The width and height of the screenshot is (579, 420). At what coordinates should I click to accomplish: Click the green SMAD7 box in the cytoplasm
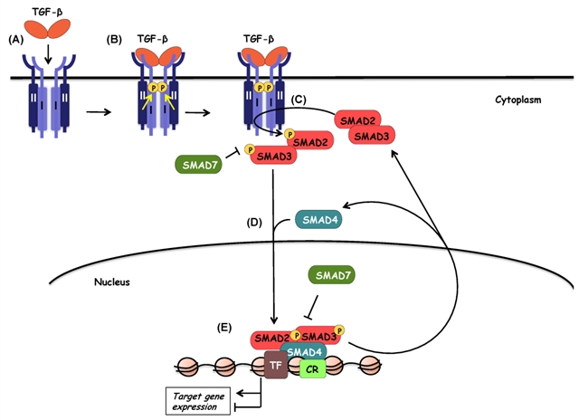pyautogui.click(x=199, y=165)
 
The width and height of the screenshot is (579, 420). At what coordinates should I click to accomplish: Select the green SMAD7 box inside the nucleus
pyautogui.click(x=332, y=275)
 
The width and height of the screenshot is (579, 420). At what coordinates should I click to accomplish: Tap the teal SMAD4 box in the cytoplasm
pyautogui.click(x=318, y=220)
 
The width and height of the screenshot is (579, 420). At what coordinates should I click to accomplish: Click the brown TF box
pyautogui.click(x=276, y=365)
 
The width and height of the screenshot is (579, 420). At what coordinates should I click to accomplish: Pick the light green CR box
pyautogui.click(x=313, y=368)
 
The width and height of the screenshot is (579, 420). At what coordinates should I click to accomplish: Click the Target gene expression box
pyautogui.click(x=198, y=401)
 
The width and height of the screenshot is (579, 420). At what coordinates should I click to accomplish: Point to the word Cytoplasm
pyautogui.click(x=518, y=100)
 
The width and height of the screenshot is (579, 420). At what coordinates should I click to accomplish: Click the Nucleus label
pyautogui.click(x=112, y=282)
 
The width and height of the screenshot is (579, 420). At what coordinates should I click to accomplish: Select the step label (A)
pyautogui.click(x=15, y=40)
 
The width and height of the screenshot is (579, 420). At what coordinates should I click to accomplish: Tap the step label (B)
pyautogui.click(x=114, y=40)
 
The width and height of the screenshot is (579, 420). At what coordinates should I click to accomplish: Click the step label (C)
pyautogui.click(x=299, y=100)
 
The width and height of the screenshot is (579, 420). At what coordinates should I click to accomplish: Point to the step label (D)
pyautogui.click(x=254, y=223)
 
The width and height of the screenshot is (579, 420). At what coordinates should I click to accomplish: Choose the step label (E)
pyautogui.click(x=224, y=328)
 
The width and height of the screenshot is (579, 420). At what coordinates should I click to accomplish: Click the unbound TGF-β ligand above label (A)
pyautogui.click(x=47, y=29)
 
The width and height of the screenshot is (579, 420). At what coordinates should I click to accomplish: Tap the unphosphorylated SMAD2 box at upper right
pyautogui.click(x=357, y=120)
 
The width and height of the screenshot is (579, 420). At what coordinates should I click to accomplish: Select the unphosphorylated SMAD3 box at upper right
pyautogui.click(x=372, y=136)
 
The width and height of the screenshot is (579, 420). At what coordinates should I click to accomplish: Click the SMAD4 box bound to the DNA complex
pyautogui.click(x=304, y=351)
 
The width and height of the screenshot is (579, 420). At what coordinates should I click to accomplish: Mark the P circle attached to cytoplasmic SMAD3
pyautogui.click(x=250, y=149)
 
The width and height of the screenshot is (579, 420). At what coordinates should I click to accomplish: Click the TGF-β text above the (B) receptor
pyautogui.click(x=153, y=39)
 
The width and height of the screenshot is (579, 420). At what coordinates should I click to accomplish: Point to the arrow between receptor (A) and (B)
pyautogui.click(x=99, y=112)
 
